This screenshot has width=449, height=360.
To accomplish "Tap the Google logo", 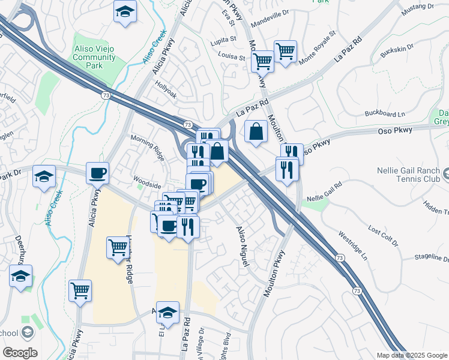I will pos(20,353).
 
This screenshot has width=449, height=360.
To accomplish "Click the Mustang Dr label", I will pos(418,7).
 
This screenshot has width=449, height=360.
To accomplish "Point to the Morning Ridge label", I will pos(148,147).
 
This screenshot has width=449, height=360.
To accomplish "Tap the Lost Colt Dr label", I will pos(384,235).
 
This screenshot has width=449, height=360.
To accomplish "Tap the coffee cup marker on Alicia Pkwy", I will pos(97,173).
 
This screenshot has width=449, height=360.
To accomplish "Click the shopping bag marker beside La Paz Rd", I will pos(256,131).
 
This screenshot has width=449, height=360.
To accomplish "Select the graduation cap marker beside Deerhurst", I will pos(20,277).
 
